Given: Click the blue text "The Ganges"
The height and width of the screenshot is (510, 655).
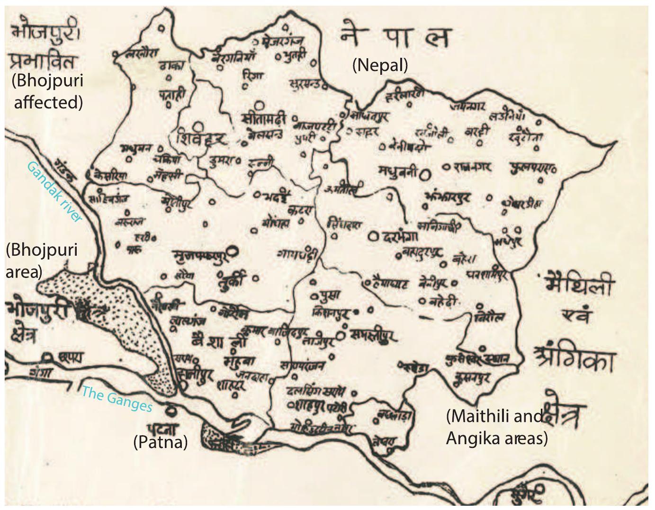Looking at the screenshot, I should coord(117,399).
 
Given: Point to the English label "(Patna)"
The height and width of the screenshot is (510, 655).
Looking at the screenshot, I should coord(161,442).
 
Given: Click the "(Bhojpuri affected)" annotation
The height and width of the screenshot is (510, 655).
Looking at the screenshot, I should coord(47,91).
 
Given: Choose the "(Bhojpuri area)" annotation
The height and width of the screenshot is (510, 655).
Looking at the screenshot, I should coord(41,260).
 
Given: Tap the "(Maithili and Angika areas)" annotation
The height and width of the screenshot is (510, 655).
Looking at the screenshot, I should coord(496,427).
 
